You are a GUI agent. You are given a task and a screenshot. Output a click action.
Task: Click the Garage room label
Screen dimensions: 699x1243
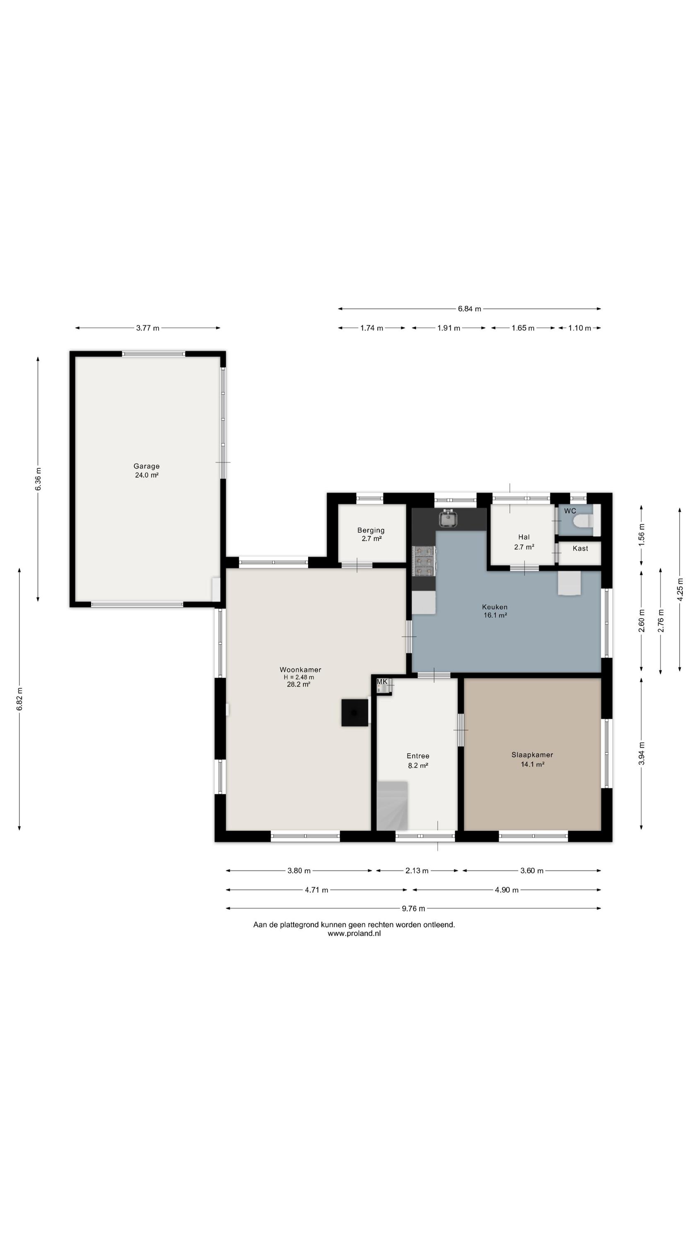147,466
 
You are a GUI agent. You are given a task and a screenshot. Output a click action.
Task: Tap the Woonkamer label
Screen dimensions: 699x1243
300,669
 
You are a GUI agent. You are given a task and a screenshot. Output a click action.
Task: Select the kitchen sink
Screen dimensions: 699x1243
448,518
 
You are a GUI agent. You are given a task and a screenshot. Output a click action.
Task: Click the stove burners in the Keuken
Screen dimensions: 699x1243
424,561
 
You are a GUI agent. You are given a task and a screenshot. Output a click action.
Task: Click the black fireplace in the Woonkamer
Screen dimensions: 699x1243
355,712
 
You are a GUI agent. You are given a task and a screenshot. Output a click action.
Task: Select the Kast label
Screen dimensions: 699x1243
580,548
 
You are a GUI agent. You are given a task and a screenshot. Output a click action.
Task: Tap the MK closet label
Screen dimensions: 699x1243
381,681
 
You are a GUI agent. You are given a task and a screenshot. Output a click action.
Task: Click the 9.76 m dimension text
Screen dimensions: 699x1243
413,909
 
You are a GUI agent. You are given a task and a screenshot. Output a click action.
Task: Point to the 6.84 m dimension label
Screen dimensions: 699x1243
469,309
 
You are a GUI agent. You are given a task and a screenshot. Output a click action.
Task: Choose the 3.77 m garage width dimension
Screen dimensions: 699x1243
147,328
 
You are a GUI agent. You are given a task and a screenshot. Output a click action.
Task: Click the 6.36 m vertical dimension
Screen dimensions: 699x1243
38,479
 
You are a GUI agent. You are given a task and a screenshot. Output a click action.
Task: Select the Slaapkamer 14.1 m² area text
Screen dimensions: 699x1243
533,764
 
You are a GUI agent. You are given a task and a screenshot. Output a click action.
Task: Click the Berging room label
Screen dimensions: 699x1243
371,530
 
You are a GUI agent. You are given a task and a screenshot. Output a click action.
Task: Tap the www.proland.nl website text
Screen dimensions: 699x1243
354,933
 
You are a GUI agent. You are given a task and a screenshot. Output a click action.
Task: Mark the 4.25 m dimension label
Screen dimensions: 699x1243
680,590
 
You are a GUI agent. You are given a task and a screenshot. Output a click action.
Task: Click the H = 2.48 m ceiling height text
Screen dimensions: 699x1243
299,677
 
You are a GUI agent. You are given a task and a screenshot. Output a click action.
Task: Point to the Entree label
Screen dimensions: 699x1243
418,756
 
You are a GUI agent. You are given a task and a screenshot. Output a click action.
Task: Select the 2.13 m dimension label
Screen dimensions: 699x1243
417,871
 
